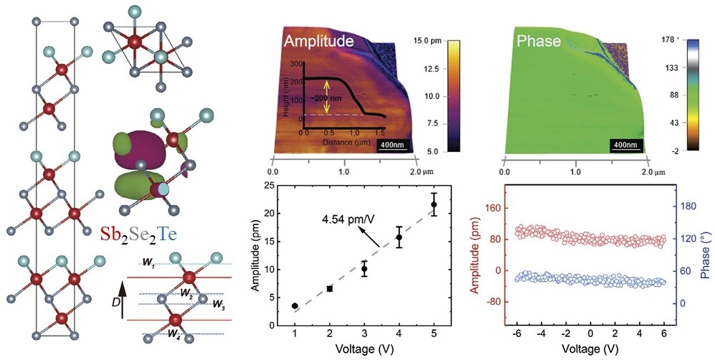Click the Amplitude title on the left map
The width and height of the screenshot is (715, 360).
pyautogui.click(x=319, y=42)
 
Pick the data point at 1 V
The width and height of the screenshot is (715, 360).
pyautogui.click(x=295, y=305)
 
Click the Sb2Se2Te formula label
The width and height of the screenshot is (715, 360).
pyautogui.click(x=140, y=234)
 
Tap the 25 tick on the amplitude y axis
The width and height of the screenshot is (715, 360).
pyautogui.click(x=268, y=186)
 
